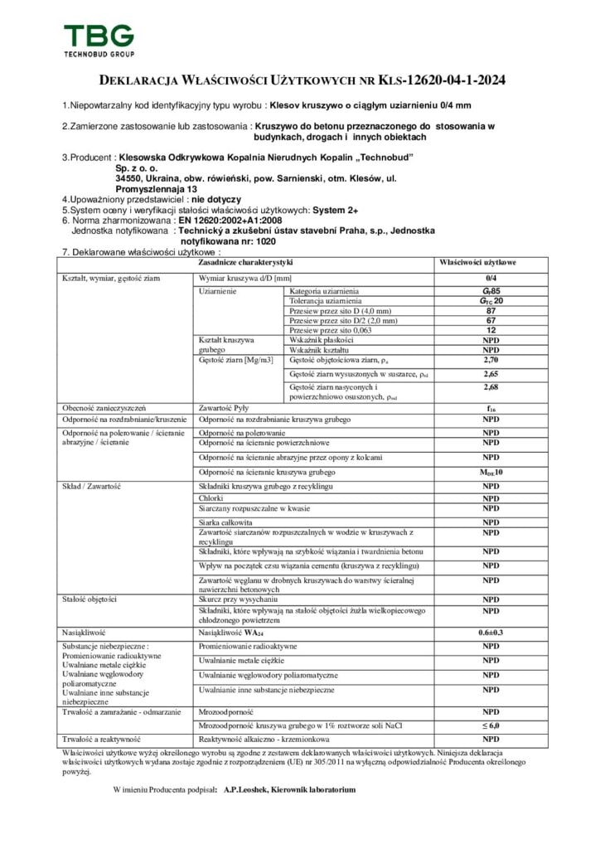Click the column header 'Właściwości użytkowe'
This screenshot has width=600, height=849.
tap(490, 262)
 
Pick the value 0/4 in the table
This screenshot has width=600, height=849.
tap(491, 278)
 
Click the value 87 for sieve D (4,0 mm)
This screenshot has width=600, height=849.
tap(491, 311)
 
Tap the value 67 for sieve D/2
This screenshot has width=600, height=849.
tap(491, 320)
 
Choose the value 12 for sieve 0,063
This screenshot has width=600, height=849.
tap(491, 330)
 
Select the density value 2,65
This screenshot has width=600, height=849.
tap(491, 374)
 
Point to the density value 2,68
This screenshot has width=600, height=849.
tap(491, 387)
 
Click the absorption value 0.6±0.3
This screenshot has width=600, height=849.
tap(491, 633)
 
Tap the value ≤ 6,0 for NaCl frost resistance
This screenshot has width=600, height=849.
tap(491, 725)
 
